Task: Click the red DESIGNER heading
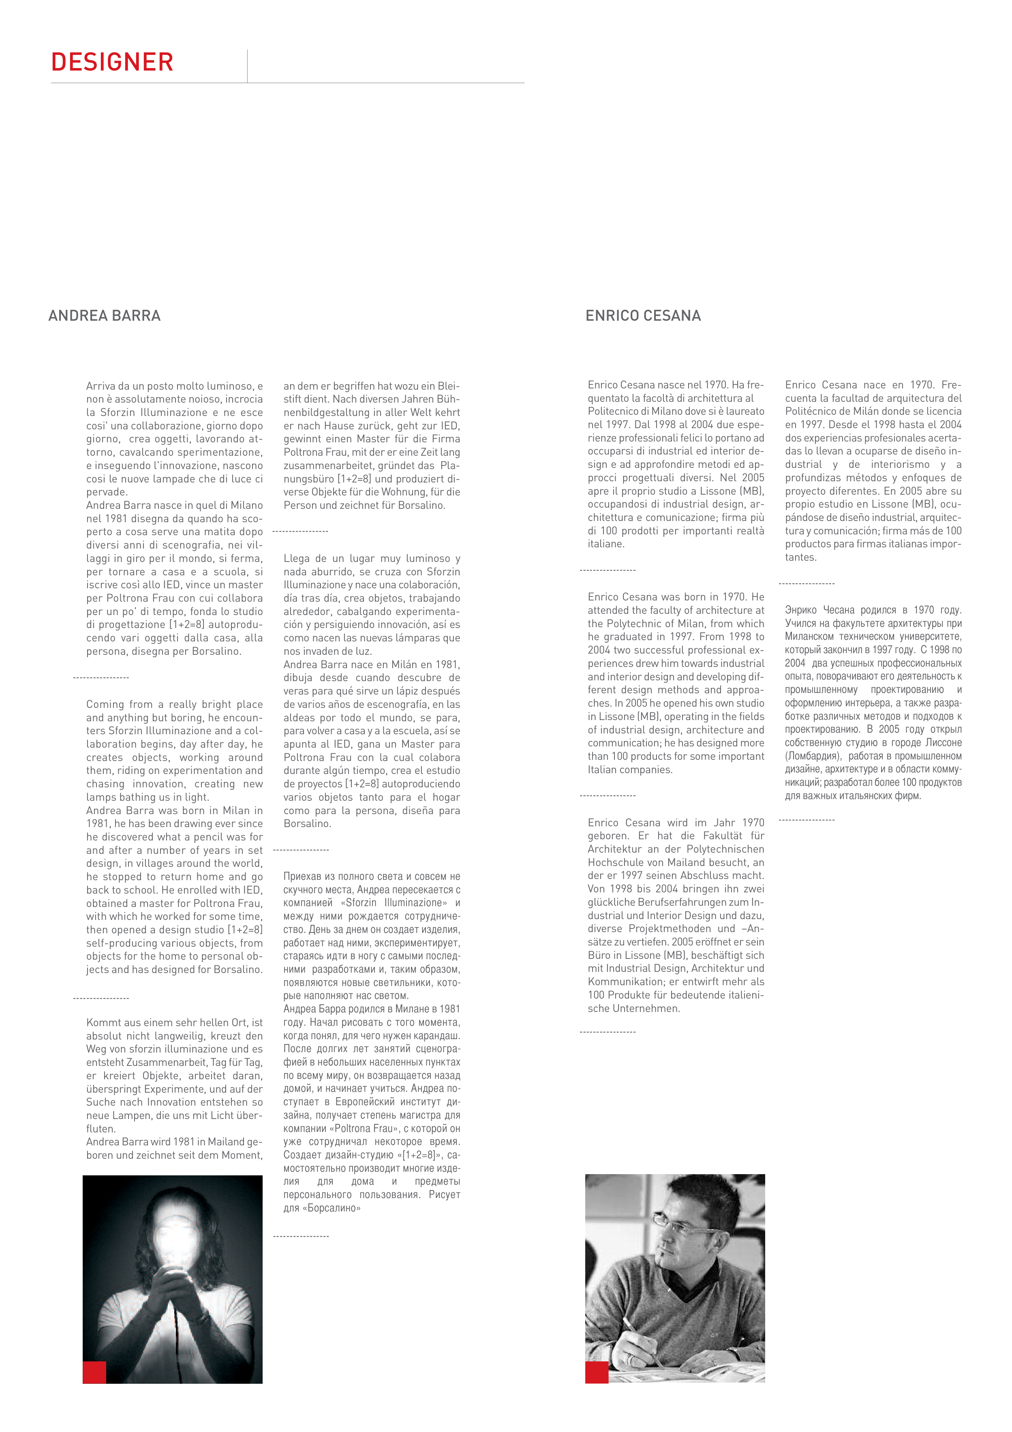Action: [x=112, y=62]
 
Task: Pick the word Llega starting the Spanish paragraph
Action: [x=298, y=558]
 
